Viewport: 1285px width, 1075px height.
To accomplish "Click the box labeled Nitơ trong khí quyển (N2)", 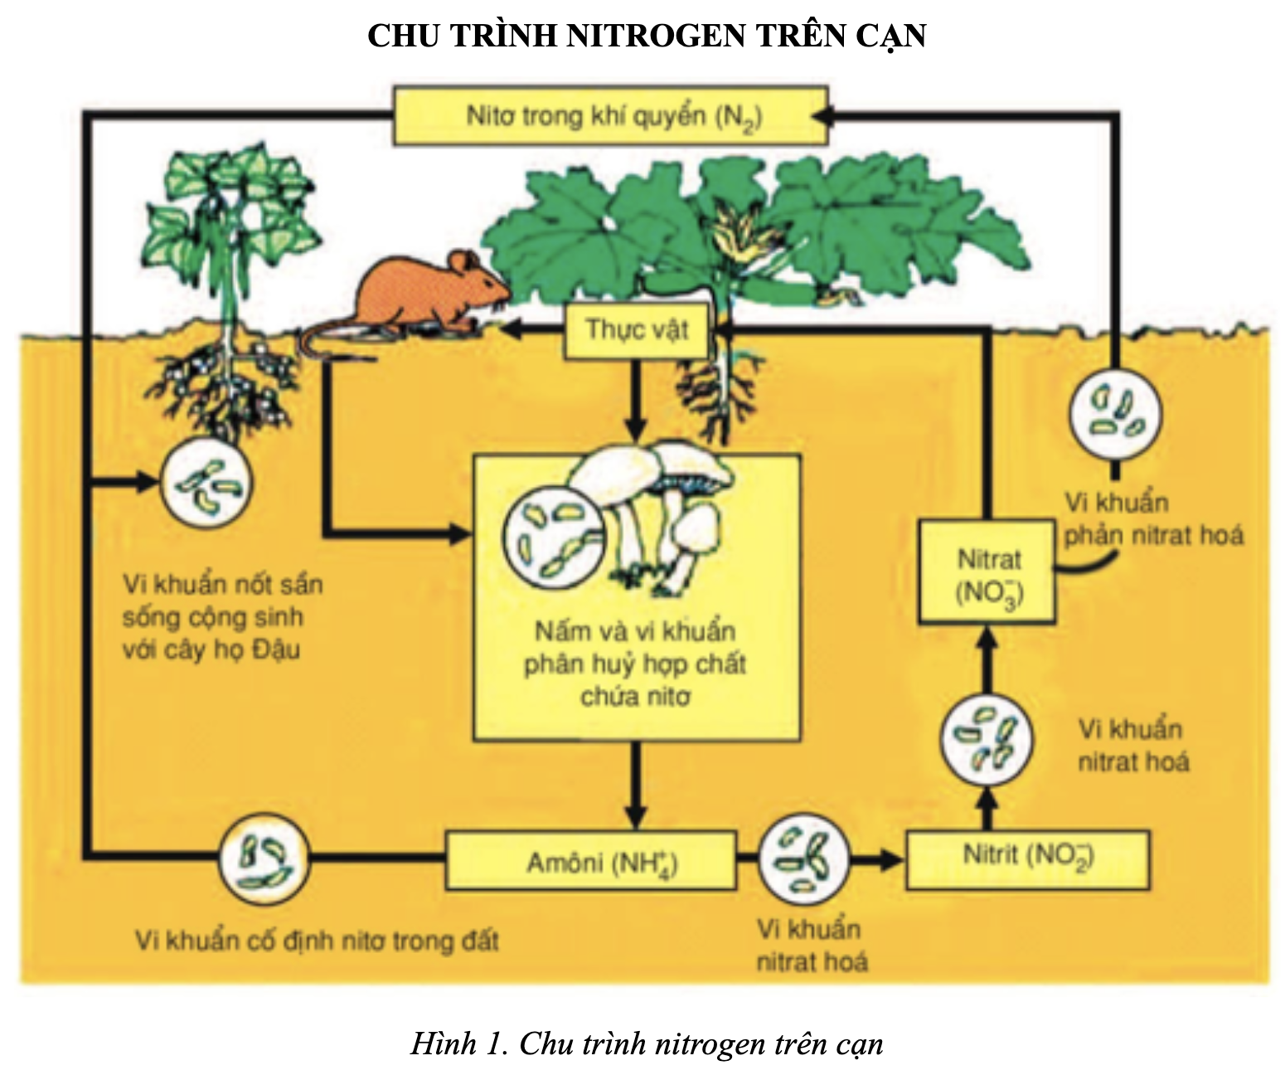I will coord(610,115).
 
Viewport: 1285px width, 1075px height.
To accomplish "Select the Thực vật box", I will coord(637,330).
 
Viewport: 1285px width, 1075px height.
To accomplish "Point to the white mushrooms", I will coord(655,514).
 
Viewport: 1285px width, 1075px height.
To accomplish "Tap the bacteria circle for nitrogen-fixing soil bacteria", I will coord(264,858).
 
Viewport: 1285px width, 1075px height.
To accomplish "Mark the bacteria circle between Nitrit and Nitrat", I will coord(987,740).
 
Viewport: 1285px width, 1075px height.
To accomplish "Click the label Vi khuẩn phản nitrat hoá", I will coord(1152,519).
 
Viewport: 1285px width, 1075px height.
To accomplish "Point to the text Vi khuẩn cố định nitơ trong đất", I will coord(317,941).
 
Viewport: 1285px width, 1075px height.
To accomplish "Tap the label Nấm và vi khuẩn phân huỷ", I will coord(635,664).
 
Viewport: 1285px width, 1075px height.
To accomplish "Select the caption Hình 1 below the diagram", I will coord(647,1043).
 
